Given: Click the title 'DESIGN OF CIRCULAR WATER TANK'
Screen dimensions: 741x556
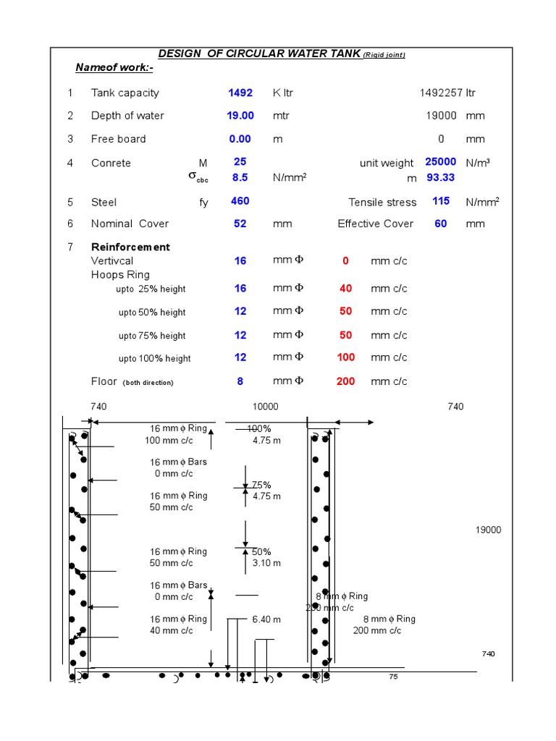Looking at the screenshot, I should [x=260, y=55].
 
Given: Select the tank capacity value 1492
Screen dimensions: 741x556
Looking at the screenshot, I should [x=240, y=93].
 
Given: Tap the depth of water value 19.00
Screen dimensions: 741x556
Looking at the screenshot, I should [x=240, y=116].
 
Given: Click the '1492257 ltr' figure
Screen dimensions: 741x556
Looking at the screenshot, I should [x=447, y=93].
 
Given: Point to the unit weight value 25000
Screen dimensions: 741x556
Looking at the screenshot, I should [x=440, y=162].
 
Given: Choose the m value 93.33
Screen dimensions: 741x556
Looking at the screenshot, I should [x=440, y=177].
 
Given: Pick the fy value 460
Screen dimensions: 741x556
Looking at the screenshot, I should [x=240, y=201].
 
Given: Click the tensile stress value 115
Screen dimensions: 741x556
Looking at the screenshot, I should [x=441, y=201].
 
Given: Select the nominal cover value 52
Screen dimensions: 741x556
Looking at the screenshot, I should [x=240, y=224].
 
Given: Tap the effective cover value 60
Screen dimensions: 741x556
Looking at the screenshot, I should [x=441, y=224].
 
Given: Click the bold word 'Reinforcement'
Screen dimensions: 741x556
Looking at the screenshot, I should [x=130, y=247].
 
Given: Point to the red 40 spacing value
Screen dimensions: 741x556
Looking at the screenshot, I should [x=345, y=288].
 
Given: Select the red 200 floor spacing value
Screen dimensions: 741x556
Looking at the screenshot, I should [x=345, y=381].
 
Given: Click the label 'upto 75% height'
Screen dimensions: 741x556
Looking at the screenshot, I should [x=152, y=336].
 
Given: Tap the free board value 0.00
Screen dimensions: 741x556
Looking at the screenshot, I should [x=240, y=139].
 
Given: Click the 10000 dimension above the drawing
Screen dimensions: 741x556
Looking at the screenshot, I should [x=264, y=407].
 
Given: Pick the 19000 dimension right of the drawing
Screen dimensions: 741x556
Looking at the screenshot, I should [x=488, y=530].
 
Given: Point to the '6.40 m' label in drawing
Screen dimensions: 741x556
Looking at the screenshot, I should [x=266, y=619].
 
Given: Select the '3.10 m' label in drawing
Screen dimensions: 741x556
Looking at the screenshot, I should [x=266, y=563].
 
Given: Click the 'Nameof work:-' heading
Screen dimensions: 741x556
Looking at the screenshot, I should [x=114, y=68].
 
